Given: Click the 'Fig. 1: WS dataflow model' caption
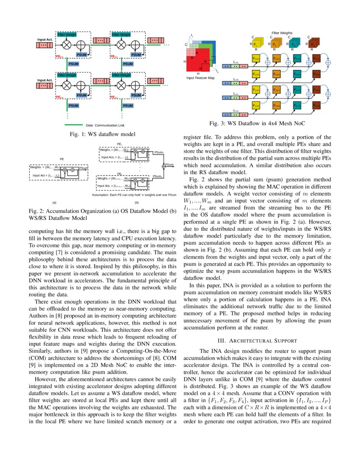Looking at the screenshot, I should [x=102, y=135].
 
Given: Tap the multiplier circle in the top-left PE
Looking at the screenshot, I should [x=66, y=44].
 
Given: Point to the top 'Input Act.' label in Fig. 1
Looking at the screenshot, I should [x=45, y=39].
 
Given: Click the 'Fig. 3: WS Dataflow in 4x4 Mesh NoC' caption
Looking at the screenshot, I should [x=257, y=124].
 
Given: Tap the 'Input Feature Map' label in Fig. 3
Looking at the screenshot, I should [x=200, y=78].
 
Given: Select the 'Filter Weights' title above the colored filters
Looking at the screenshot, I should [x=282, y=33].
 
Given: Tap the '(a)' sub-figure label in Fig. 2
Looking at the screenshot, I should [x=54, y=203].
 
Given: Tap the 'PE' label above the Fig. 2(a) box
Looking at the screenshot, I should [x=62, y=160].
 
